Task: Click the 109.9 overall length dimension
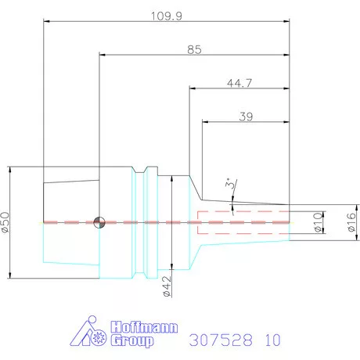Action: pos(167,16)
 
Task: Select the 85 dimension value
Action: pos(194,49)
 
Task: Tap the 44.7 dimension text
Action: pos(239,83)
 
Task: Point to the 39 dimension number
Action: pos(246,117)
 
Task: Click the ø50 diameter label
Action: pos(5,222)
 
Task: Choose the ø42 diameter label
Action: pos(167,286)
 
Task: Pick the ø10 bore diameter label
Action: pos(318,222)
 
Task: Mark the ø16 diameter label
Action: pos(351,222)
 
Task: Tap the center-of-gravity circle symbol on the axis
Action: pos(99,222)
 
